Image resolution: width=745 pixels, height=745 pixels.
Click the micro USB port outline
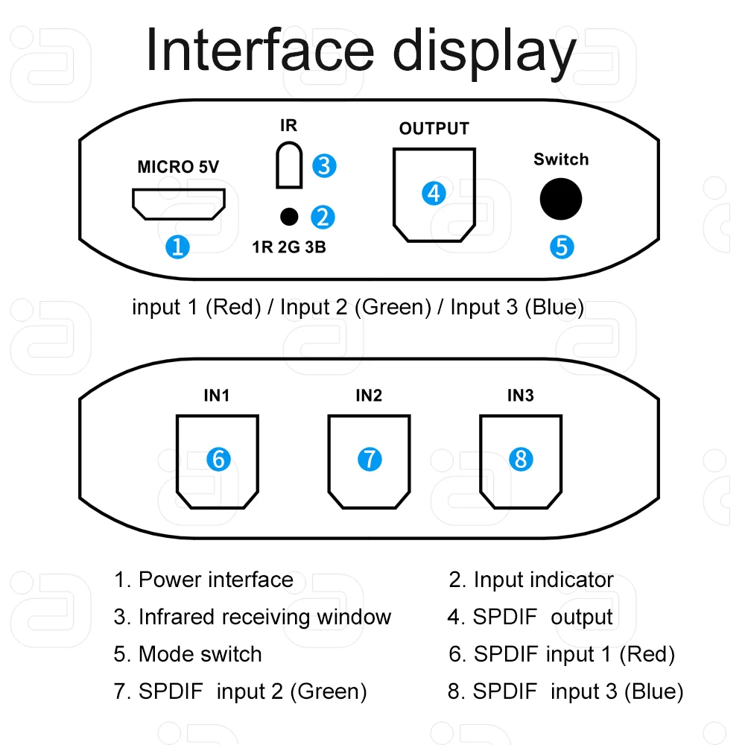pyautogui.click(x=179, y=204)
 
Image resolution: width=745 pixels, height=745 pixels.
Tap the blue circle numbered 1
pyautogui.click(x=177, y=246)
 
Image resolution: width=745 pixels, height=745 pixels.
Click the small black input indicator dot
pyautogui.click(x=288, y=217)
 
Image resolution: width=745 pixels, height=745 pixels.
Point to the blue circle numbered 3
pyautogui.click(x=323, y=165)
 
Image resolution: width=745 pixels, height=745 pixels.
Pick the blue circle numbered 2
pyautogui.click(x=323, y=217)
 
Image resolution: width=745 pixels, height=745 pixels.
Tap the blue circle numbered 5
pyautogui.click(x=562, y=246)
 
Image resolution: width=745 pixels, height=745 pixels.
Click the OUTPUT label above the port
pyautogui.click(x=434, y=129)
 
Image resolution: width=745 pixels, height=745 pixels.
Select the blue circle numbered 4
pyautogui.click(x=434, y=194)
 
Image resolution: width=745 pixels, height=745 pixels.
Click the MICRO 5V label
pyautogui.click(x=178, y=167)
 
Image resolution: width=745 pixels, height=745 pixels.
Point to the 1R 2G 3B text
pyautogui.click(x=289, y=247)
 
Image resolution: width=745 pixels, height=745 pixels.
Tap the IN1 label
pyautogui.click(x=216, y=396)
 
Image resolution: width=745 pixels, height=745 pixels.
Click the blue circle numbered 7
pyautogui.click(x=370, y=459)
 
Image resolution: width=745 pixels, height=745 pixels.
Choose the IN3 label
pyautogui.click(x=520, y=396)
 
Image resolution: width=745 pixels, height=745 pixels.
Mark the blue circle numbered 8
pyautogui.click(x=521, y=459)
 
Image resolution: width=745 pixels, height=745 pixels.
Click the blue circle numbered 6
pyautogui.click(x=218, y=459)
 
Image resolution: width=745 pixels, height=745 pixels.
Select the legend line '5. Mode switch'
pyautogui.click(x=188, y=654)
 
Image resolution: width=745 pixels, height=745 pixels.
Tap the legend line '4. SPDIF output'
pyautogui.click(x=530, y=617)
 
